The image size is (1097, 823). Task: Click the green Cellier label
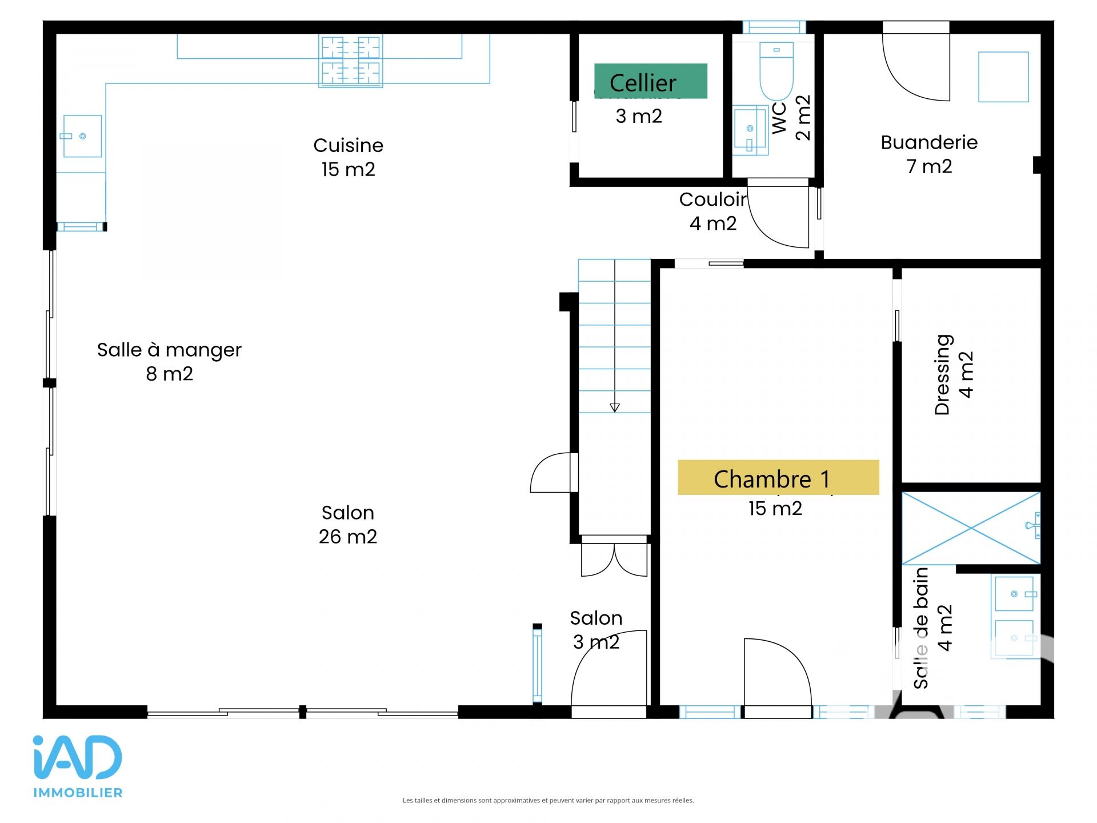[651, 81]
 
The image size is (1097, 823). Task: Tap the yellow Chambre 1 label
[778, 477]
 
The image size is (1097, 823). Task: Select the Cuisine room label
[349, 145]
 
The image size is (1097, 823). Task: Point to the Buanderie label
[929, 142]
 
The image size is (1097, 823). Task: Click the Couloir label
[712, 199]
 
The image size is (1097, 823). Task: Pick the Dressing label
[942, 374]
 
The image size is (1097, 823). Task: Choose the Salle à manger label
[169, 350]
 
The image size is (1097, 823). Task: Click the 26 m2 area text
[348, 537]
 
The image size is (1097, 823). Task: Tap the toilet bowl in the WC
[776, 71]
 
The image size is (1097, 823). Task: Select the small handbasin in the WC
[750, 130]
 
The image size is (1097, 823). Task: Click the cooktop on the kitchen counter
[350, 61]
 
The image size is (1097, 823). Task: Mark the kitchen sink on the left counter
[82, 136]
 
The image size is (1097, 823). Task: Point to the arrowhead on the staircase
[615, 407]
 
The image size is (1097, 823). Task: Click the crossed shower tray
[971, 528]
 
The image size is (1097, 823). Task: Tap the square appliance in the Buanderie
[1003, 77]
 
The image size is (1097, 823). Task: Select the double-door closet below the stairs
[614, 558]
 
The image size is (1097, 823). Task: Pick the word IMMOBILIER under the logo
[78, 793]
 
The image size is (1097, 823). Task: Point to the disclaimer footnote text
[548, 800]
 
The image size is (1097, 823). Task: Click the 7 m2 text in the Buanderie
[929, 166]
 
